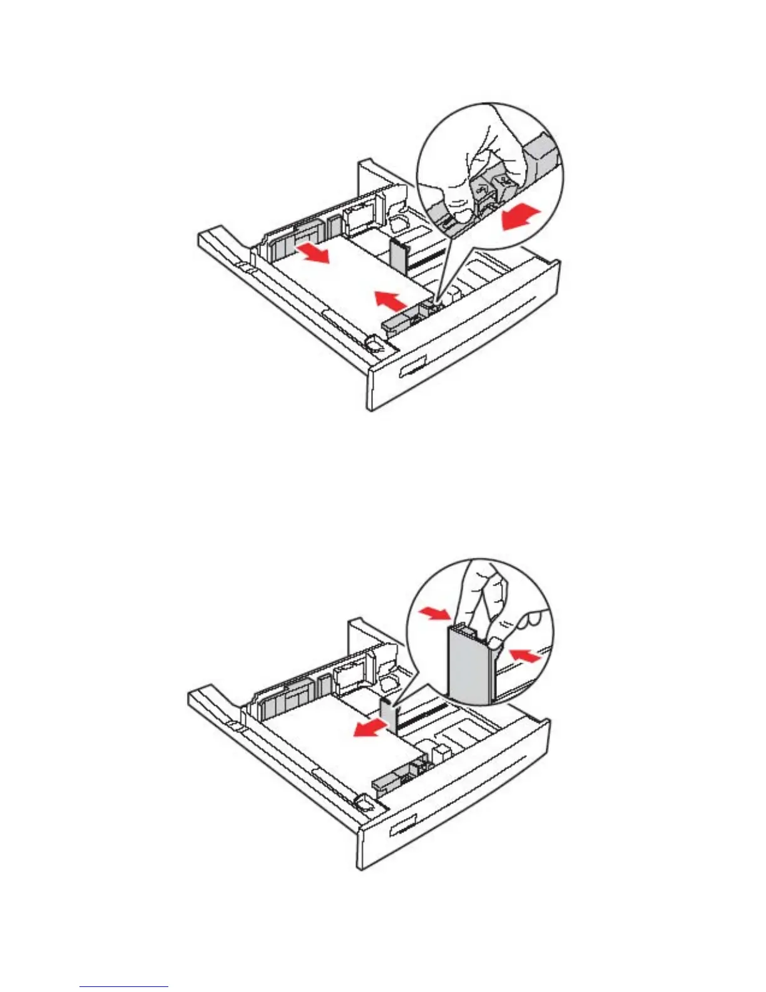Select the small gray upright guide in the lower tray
click(389, 713)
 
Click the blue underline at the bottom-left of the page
click(124, 987)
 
